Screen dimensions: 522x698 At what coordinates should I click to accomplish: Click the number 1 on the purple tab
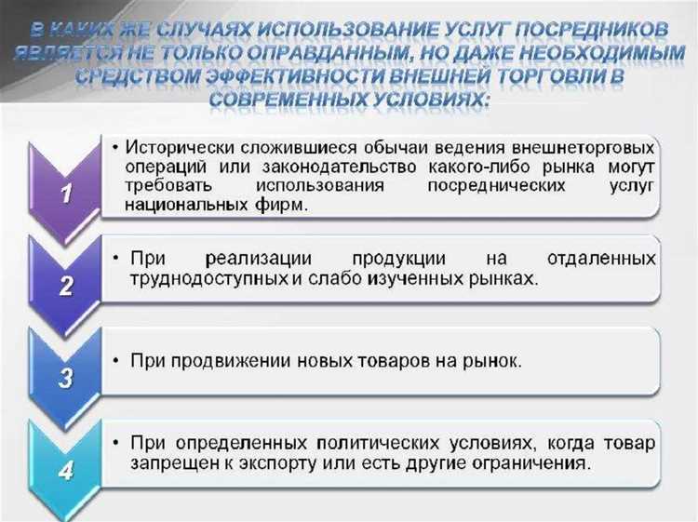[65, 193]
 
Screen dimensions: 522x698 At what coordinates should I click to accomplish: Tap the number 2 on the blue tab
[65, 287]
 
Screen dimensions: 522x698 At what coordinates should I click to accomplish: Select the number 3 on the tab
[65, 379]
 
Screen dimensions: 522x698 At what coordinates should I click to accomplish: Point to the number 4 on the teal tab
[65, 471]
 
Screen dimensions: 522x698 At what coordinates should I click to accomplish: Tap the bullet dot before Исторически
[114, 147]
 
